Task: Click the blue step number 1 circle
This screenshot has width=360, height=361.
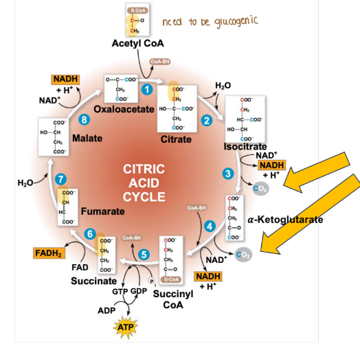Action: coord(146,89)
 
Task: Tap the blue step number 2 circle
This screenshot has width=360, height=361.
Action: coord(206,121)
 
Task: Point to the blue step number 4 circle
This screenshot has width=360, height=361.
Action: coord(210,226)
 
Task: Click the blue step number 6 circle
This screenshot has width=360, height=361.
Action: coord(90,233)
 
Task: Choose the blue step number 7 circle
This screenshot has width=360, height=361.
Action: coord(60,180)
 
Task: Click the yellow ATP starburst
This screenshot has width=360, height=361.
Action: coord(125,328)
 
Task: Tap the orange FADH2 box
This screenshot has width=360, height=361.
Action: coord(48,254)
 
